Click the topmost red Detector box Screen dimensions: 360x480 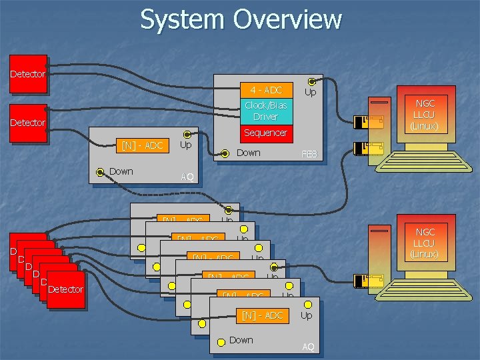(28, 73)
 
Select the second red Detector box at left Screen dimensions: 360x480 (28, 123)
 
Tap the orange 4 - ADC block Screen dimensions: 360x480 (266, 90)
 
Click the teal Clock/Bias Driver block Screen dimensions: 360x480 (266, 111)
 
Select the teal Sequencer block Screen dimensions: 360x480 (266, 133)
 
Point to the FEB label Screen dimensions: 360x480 (310, 154)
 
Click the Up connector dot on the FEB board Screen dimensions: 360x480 (311, 81)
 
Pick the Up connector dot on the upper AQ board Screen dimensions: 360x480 (187, 135)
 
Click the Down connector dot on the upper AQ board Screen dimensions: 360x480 (99, 172)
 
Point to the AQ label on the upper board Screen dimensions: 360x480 (187, 177)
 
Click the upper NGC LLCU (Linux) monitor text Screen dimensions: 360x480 (425, 114)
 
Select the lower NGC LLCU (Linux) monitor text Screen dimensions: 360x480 (425, 243)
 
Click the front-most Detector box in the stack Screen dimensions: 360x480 (65, 289)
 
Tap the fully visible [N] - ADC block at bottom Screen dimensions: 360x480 (263, 315)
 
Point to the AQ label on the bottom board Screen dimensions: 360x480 (308, 347)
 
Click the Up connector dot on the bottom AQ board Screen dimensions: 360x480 (306, 303)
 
